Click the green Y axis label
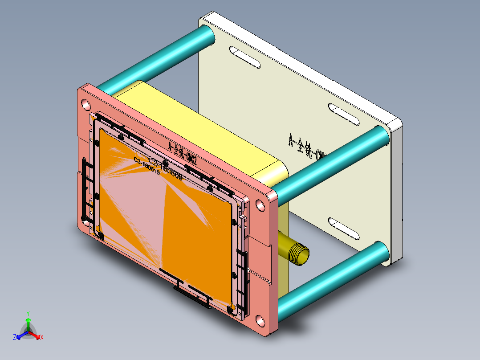[28, 313]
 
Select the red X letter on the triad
[42, 338]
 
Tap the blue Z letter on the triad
[14, 338]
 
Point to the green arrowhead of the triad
[28, 320]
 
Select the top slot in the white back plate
[244, 57]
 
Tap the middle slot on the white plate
[343, 115]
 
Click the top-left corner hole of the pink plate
[85, 104]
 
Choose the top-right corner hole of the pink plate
[260, 205]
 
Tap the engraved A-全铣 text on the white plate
[307, 147]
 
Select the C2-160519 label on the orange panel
[147, 166]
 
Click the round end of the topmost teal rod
[207, 35]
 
